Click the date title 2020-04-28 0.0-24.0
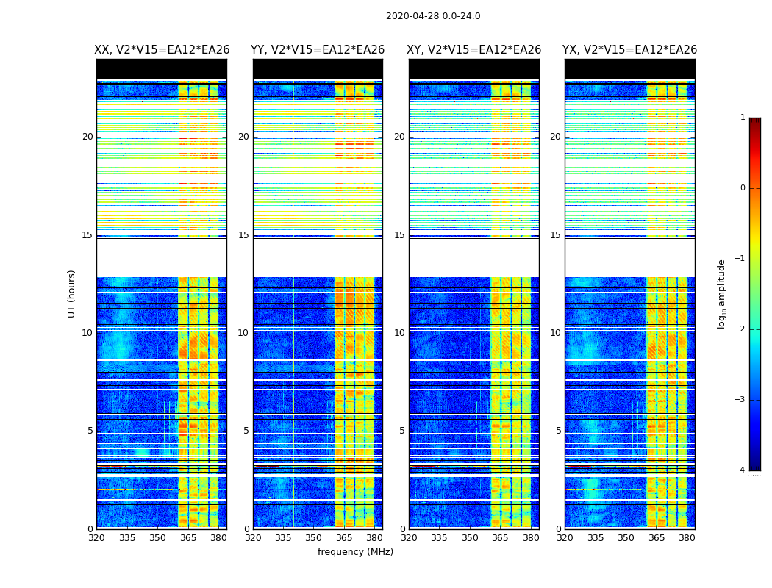click(433, 16)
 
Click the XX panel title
click(162, 50)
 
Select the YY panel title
click(318, 50)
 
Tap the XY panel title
click(474, 50)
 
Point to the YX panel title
click(630, 50)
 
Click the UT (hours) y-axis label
click(72, 293)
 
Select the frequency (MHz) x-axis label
click(355, 552)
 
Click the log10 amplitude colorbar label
click(722, 293)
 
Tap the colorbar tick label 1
click(742, 118)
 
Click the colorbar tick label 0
click(742, 188)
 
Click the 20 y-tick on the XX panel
click(87, 137)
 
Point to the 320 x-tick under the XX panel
click(96, 538)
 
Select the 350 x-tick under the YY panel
click(314, 538)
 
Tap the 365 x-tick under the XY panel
click(501, 538)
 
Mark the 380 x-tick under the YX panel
click(687, 538)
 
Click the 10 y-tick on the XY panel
click(399, 333)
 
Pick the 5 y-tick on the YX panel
click(558, 431)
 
